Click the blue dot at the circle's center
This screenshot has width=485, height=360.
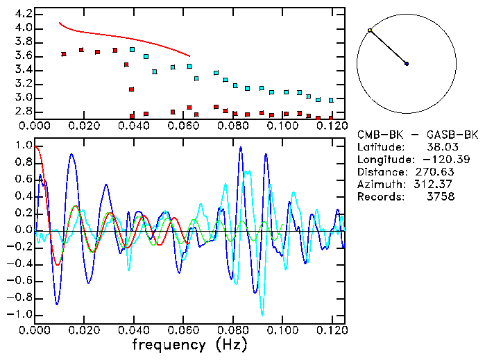coord(407,64)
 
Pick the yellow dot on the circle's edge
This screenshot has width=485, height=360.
coord(370,31)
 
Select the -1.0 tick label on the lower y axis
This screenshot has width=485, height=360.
coord(21,314)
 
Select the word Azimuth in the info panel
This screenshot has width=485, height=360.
coord(378,184)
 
